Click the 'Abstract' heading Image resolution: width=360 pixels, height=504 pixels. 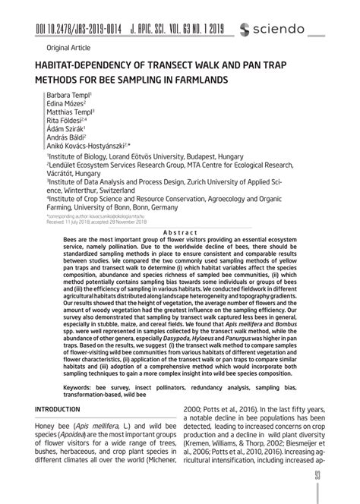181,232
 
